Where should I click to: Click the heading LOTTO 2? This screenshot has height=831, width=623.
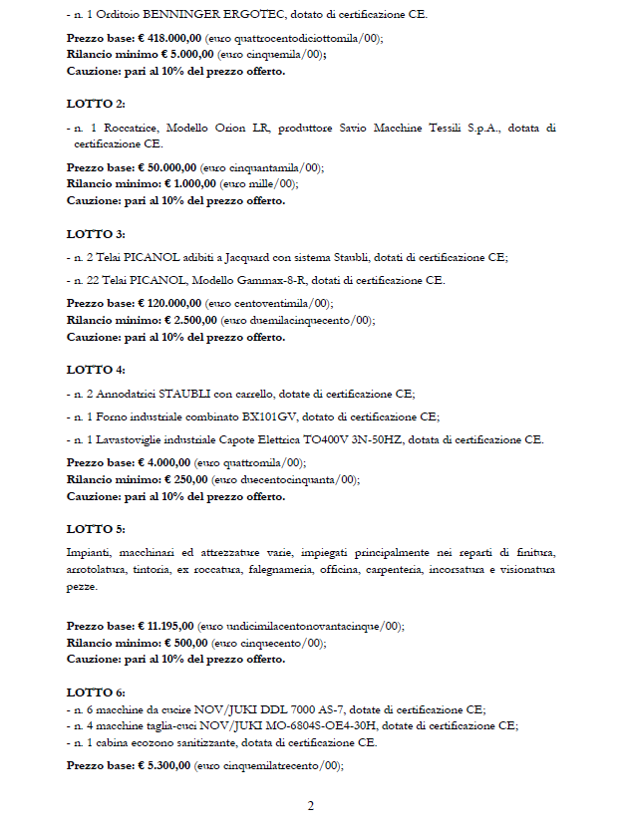tap(96, 104)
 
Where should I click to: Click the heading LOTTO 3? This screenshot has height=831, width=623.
tap(96, 234)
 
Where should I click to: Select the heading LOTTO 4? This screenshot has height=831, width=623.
tap(96, 370)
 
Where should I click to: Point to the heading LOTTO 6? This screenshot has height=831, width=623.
tap(96, 692)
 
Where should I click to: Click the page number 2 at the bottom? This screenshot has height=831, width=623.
tap(311, 805)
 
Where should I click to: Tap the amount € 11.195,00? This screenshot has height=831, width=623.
tap(161, 626)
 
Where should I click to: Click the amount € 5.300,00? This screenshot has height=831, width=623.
tap(158, 765)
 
